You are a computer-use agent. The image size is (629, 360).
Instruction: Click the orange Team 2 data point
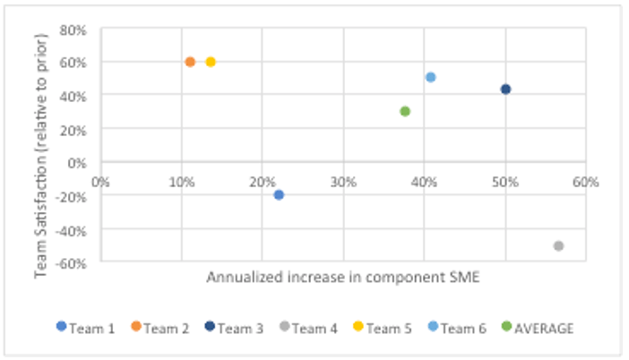tap(190, 62)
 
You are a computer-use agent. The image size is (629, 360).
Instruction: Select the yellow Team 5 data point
tap(211, 62)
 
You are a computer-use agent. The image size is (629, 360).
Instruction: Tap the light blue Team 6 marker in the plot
tap(430, 77)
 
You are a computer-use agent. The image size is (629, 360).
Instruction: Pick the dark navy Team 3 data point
tap(505, 89)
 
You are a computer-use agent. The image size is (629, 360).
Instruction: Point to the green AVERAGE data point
tap(405, 111)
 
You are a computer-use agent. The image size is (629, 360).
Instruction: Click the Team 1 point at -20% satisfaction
tap(279, 194)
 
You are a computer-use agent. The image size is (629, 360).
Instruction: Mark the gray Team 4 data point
tap(558, 245)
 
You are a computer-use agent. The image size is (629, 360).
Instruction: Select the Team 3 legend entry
tap(237, 328)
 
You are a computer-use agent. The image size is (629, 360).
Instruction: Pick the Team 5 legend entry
tap(387, 328)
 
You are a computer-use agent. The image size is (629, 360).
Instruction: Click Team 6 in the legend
tap(461, 328)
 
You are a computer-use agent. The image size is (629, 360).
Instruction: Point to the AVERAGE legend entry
tap(541, 328)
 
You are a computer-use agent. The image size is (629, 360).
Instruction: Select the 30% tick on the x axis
tap(343, 181)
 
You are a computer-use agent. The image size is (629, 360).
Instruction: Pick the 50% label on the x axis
tap(505, 181)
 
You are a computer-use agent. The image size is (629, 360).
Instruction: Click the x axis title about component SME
tap(343, 278)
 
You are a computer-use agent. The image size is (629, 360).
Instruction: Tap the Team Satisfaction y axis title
tap(41, 145)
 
